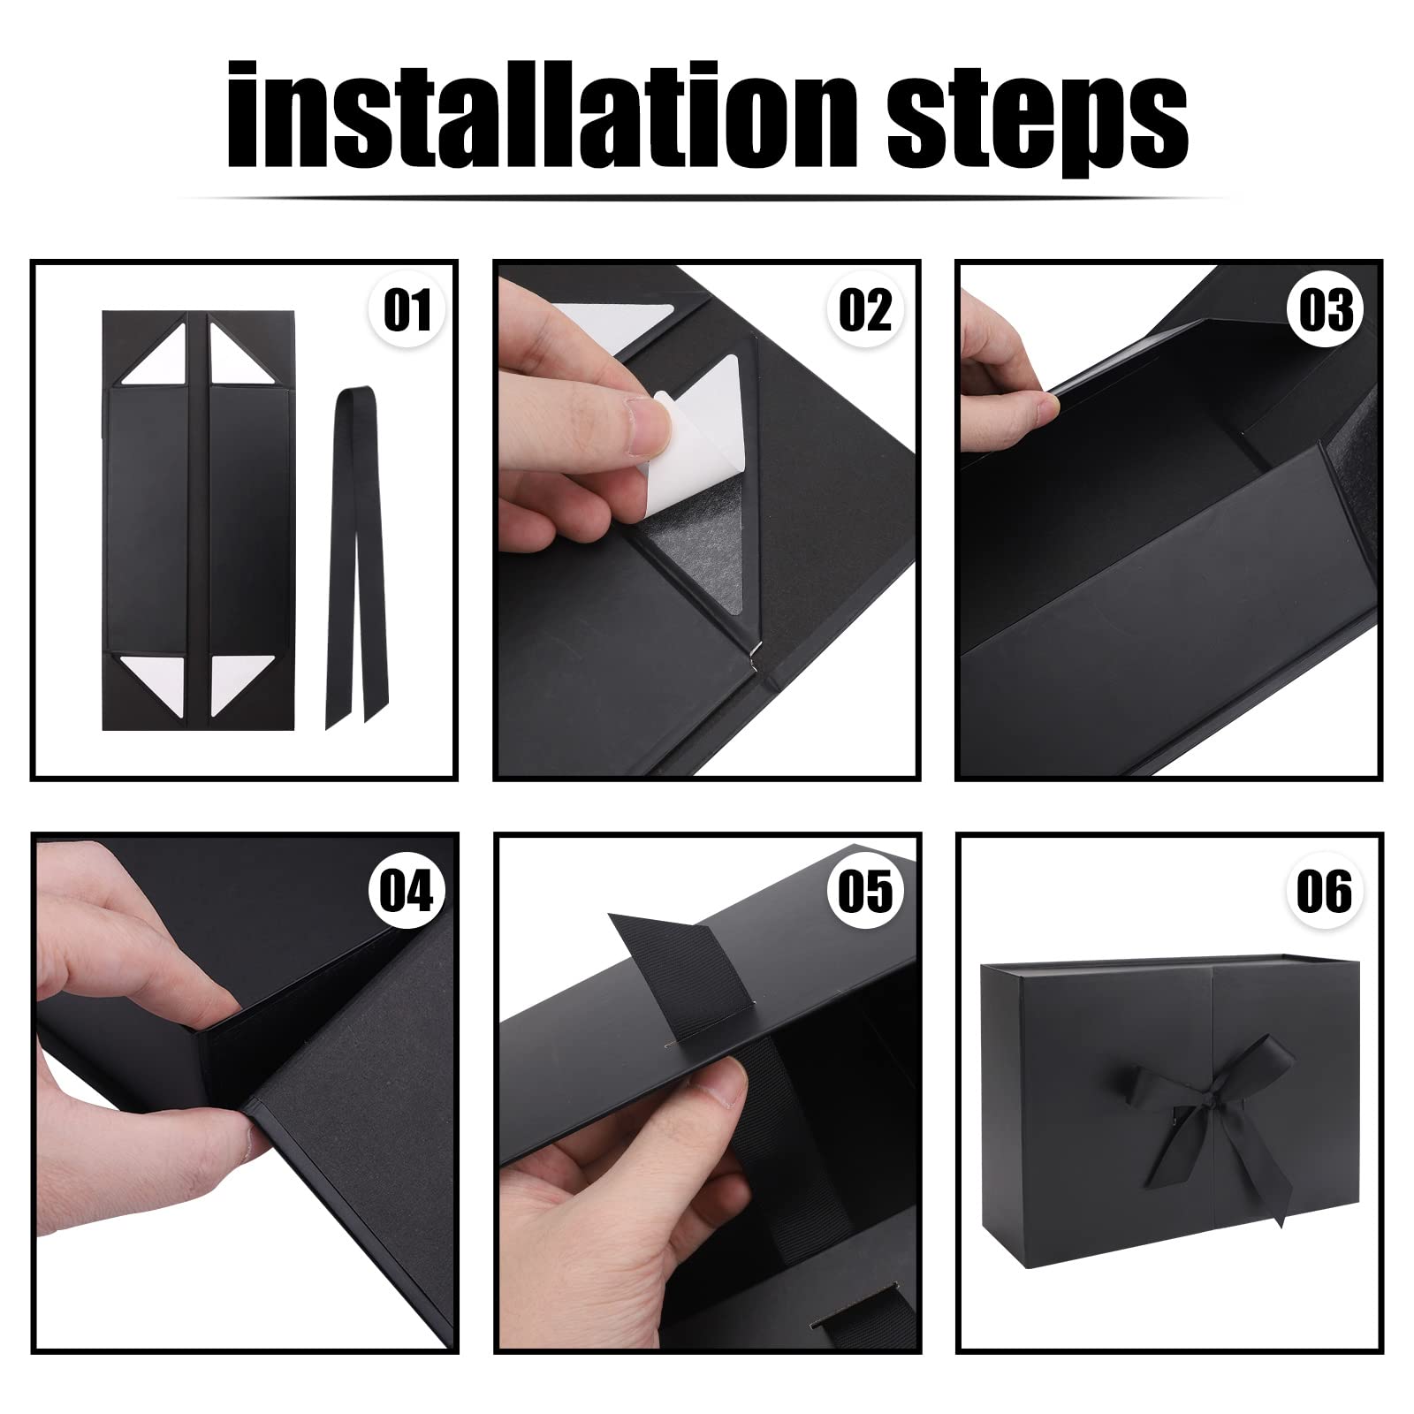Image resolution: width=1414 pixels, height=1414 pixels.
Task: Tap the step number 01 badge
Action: (407, 309)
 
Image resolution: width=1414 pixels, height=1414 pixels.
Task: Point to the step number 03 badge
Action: (1326, 309)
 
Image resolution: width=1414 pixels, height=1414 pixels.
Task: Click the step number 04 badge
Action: (407, 890)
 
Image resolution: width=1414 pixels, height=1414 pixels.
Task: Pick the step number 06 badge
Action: (1326, 890)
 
